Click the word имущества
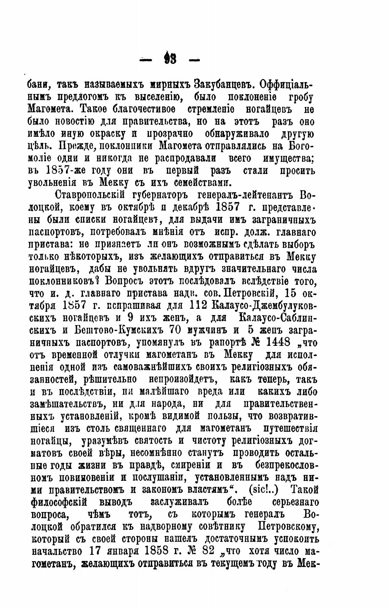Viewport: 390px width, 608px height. tap(288, 159)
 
